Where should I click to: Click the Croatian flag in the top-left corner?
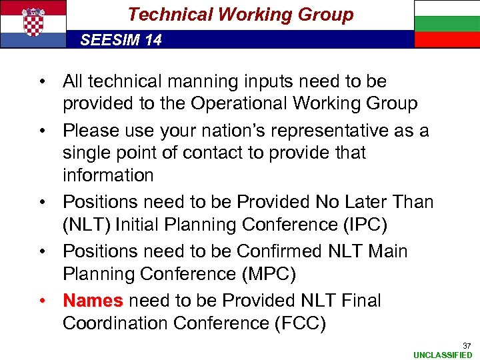(33, 24)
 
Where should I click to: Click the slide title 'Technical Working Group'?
(240, 15)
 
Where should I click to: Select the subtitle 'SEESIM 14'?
(121, 40)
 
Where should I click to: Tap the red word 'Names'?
(93, 301)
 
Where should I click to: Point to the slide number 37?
(467, 345)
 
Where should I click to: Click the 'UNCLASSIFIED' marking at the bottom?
(443, 355)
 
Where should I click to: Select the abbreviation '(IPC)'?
(364, 224)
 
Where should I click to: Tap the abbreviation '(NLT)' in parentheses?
(87, 224)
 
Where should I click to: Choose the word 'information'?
(107, 175)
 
